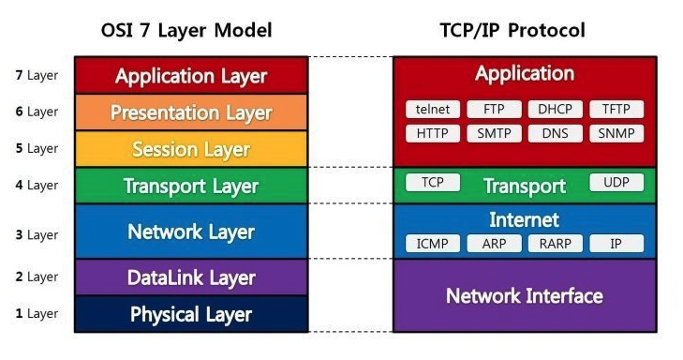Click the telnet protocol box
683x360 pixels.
click(434, 109)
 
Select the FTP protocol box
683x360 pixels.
click(494, 109)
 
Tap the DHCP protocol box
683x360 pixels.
click(556, 109)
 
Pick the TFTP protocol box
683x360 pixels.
click(616, 109)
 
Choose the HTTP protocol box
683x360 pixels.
click(434, 133)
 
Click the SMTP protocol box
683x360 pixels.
click(494, 133)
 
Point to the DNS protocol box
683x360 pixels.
click(556, 133)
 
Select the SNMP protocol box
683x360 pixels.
click(616, 133)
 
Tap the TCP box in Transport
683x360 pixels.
click(432, 182)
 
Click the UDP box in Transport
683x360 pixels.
click(616, 182)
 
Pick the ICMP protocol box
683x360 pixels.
click(432, 244)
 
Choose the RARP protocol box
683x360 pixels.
click(556, 244)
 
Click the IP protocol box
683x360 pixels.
click(616, 244)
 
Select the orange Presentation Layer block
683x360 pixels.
click(191, 112)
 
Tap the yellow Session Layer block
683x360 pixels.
click(191, 149)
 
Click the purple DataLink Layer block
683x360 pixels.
click(191, 277)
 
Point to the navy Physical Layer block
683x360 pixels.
click(191, 314)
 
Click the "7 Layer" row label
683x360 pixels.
click(37, 75)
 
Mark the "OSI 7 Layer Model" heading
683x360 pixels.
click(186, 30)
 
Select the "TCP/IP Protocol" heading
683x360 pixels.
click(512, 30)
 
